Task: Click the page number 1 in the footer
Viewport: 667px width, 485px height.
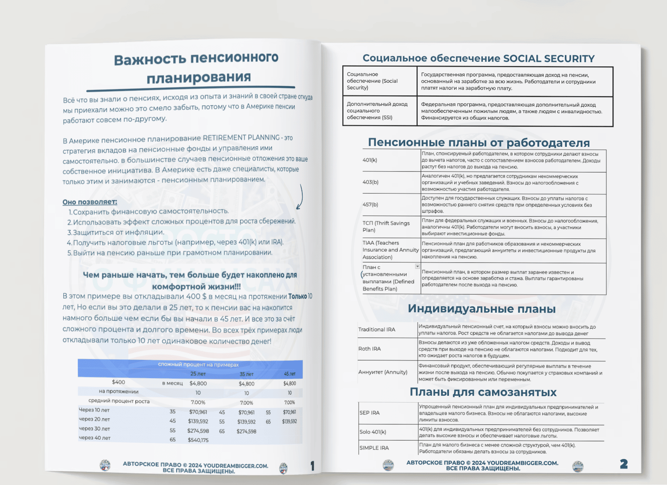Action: pos(313,466)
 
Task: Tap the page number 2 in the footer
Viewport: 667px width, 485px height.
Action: pos(624,464)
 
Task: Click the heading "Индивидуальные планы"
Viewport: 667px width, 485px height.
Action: pos(481,308)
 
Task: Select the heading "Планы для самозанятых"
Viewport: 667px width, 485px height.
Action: pos(483,392)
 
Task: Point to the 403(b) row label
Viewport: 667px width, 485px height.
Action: pos(370,182)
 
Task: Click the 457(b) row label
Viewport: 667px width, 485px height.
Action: pos(370,205)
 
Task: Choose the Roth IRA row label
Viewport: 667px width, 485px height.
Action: pos(369,349)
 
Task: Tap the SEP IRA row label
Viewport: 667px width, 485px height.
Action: pos(369,413)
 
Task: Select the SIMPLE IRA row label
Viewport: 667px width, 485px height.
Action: pos(374,448)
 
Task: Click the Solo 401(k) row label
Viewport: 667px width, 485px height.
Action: pos(372,432)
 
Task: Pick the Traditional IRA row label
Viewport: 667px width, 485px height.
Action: pos(377,329)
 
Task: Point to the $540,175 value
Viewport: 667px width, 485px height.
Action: pos(198,440)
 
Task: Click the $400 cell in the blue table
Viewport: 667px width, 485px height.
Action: pos(118,382)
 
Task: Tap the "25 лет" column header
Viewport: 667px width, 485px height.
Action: pos(198,374)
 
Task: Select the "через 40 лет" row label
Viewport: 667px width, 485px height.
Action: pos(95,438)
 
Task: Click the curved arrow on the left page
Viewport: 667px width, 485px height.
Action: pos(300,197)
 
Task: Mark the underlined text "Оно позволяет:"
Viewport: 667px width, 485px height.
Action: pos(90,202)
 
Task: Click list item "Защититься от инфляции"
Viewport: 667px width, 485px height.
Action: pos(118,232)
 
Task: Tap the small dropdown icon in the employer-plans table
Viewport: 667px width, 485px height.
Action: pos(417,267)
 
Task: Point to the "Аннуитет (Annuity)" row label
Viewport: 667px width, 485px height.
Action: pos(383,372)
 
